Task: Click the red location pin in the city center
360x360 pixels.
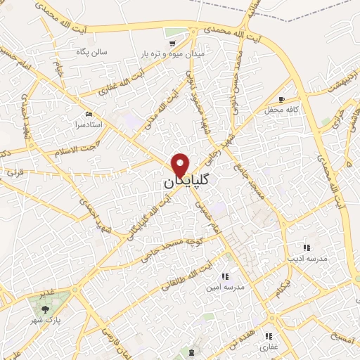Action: [181, 165]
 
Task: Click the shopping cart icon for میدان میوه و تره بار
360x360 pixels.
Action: [172, 42]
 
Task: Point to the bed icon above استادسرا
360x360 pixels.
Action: [89, 114]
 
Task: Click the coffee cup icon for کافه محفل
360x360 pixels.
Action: [282, 100]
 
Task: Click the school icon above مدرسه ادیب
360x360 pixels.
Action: [307, 247]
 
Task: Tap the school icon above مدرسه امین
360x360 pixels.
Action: [225, 277]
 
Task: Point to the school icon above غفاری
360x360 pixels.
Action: [271, 337]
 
